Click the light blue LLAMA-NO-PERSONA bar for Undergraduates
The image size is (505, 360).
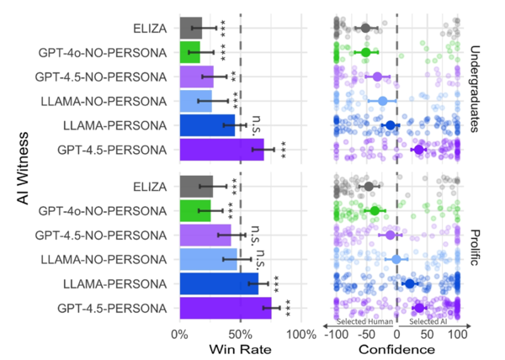[195, 101]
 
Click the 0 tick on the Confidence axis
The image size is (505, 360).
[397, 336]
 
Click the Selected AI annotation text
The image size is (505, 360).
[428, 321]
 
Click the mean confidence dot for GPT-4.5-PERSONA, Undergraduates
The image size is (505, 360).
[419, 150]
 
